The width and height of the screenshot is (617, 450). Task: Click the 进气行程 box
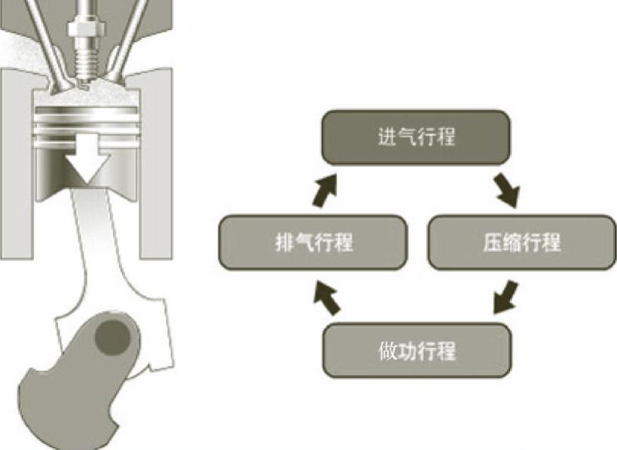click(x=416, y=137)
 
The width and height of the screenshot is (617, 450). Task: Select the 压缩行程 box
click(x=521, y=242)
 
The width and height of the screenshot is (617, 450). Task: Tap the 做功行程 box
click(x=416, y=350)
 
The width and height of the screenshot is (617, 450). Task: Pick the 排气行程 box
click(x=313, y=242)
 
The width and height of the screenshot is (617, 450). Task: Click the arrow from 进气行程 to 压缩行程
click(x=506, y=190)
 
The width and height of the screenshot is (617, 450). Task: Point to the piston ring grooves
click(x=85, y=120)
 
